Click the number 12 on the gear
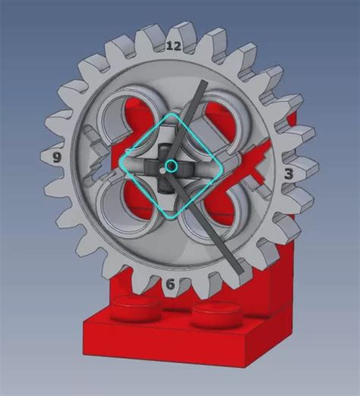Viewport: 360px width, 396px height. click(173, 46)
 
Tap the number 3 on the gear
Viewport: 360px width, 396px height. click(289, 174)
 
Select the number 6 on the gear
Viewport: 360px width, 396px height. click(170, 284)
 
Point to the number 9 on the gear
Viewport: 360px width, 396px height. click(56, 158)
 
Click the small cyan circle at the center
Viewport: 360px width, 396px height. click(172, 165)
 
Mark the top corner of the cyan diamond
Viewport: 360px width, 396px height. click(174, 115)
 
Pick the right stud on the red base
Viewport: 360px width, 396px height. click(215, 314)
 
